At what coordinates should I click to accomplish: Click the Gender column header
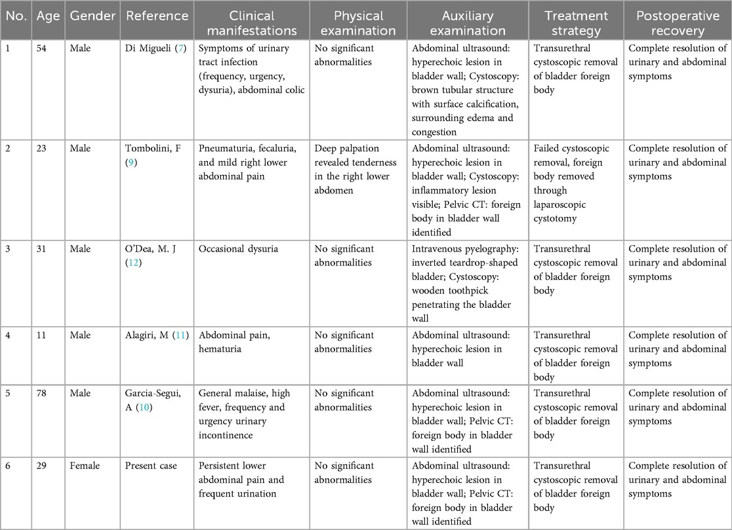pos(93,16)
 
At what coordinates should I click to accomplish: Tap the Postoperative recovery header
pos(677,23)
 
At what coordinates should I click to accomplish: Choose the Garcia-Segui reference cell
pos(155,400)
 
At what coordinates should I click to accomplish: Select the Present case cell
pos(150,466)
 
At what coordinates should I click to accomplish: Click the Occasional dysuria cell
pos(235,250)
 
